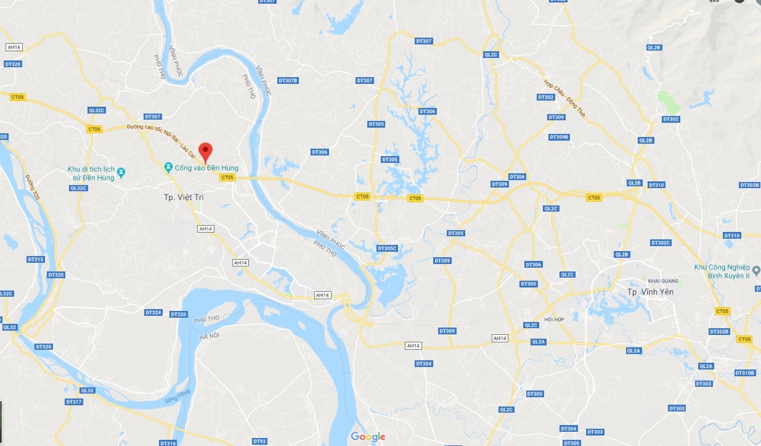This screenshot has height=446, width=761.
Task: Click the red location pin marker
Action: (207, 151)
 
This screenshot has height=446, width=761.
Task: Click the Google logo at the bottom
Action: (368, 437)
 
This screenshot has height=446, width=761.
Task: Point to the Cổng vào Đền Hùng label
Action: (206, 168)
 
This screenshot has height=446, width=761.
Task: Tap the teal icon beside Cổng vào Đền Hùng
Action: (168, 167)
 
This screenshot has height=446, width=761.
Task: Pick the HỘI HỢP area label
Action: (555, 320)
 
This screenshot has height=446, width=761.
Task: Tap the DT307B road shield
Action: (288, 81)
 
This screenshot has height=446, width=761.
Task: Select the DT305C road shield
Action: (387, 249)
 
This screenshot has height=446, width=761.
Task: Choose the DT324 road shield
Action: (153, 313)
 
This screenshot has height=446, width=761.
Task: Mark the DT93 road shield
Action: (259, 441)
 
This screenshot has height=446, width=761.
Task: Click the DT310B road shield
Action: (744, 373)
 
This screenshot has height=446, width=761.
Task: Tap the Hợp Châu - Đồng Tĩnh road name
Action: (564, 99)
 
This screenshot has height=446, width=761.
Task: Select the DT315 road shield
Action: (36, 260)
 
